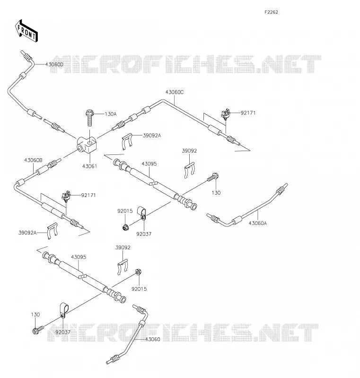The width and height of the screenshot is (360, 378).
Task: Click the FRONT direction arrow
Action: [x=26, y=31]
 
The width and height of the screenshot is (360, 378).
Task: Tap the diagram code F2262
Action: [x=271, y=12]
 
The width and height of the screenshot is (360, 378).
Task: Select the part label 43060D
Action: [x=54, y=64]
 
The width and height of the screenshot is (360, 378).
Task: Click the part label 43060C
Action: [x=175, y=92]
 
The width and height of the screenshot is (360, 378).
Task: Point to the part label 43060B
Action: [x=33, y=160]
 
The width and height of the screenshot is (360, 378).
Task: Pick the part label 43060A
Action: [x=258, y=223]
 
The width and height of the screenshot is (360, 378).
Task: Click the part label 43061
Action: [x=89, y=166]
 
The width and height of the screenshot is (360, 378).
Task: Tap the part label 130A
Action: [x=111, y=114]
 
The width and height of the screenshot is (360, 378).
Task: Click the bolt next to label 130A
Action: [x=89, y=118]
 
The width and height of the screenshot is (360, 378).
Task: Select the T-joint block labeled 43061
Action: [x=87, y=144]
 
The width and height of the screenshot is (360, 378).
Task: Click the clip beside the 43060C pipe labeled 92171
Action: [x=226, y=115]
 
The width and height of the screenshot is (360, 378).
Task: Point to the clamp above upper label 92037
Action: [x=141, y=213]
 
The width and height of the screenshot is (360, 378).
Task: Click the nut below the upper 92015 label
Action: [x=125, y=227]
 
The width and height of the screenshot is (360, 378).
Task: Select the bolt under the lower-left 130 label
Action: [x=37, y=330]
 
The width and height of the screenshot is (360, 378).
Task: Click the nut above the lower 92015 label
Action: [x=138, y=272]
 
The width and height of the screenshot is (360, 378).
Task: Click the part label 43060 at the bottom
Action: [x=152, y=339]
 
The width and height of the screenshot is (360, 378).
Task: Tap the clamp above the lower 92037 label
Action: [x=64, y=311]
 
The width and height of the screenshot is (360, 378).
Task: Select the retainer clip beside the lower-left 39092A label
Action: [x=52, y=231]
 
